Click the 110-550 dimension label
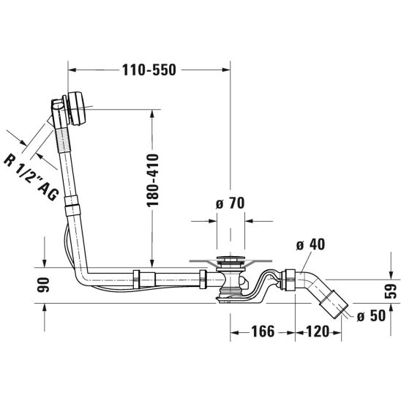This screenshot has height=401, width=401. pos(149,70)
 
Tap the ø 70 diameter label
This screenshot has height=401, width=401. pos(231,203)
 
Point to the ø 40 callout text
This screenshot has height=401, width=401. pos(310,244)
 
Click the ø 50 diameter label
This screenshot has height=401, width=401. pos(371,315)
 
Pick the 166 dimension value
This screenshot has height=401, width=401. pos(263,331)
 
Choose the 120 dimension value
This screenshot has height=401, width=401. pos(318,331)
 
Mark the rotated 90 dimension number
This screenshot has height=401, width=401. pos(42,285)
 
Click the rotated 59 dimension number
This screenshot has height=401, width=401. pos(390,291)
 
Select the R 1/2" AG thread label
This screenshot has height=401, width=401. pos(31,177)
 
